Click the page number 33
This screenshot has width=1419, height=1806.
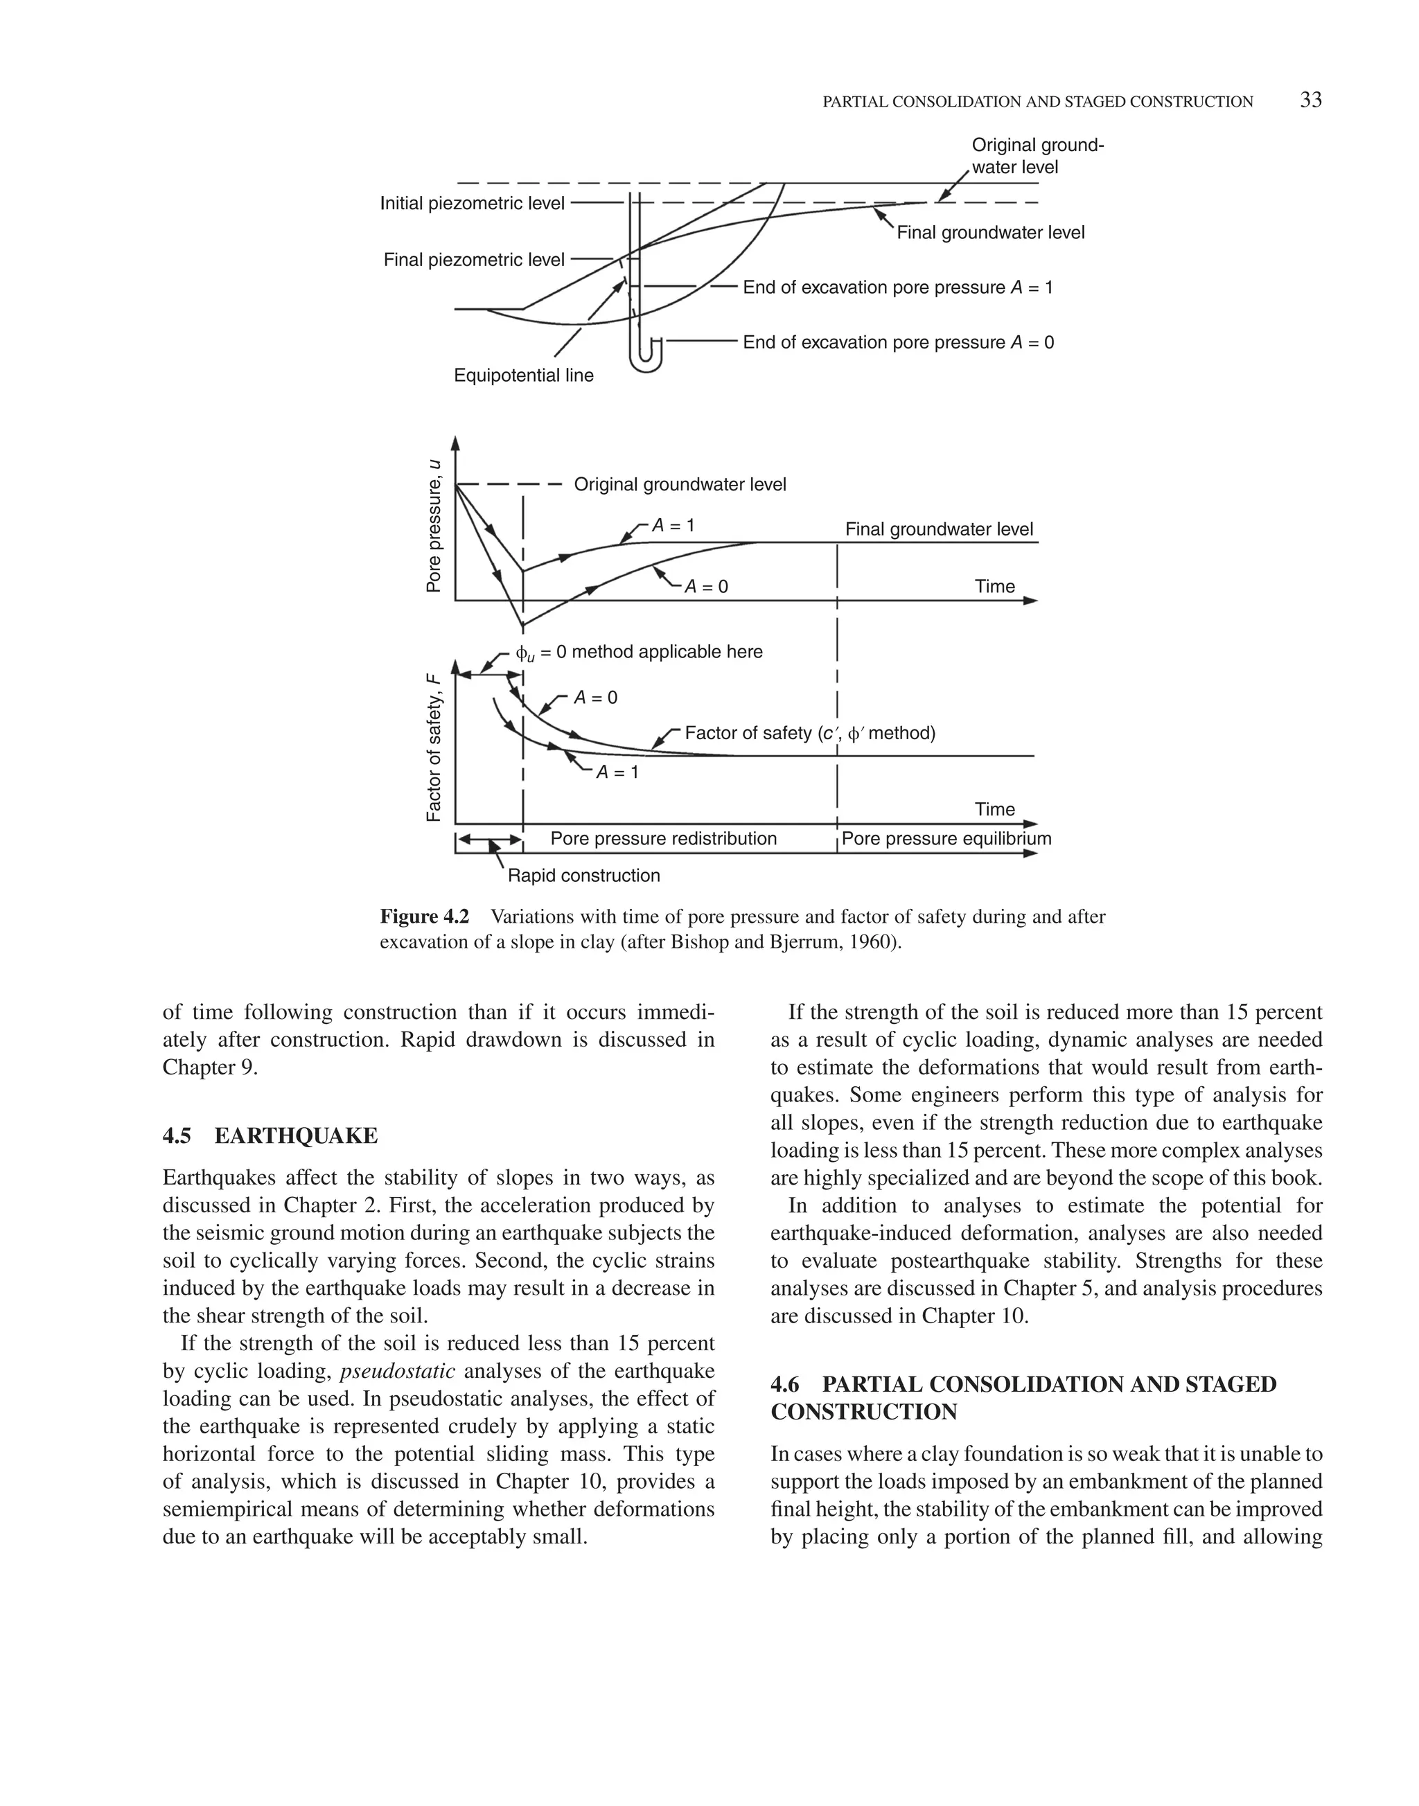[1310, 100]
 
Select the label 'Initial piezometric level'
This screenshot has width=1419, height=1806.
[472, 203]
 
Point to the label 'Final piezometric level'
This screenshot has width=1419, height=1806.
[473, 260]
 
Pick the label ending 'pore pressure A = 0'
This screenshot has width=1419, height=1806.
[897, 342]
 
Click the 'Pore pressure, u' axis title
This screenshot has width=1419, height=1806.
[434, 525]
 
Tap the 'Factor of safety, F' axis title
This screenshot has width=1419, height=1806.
[434, 748]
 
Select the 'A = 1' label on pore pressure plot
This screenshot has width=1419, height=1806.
[673, 525]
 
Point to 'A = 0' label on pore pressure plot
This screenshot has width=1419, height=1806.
[705, 587]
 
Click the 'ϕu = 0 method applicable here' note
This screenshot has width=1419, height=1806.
[639, 652]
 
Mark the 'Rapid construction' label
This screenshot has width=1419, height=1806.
[583, 876]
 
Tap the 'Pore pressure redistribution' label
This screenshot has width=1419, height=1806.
[663, 838]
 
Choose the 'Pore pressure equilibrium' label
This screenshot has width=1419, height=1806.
[946, 838]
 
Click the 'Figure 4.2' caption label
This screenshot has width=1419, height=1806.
[425, 917]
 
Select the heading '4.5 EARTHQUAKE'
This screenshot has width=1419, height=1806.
[270, 1135]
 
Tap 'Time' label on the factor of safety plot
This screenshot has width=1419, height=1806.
[994, 809]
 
